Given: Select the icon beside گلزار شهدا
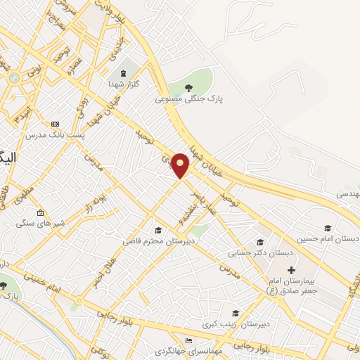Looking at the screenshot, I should (x=124, y=73).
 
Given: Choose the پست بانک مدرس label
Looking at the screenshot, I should (x=55, y=134).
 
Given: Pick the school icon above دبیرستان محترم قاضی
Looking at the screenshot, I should (x=158, y=230).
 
